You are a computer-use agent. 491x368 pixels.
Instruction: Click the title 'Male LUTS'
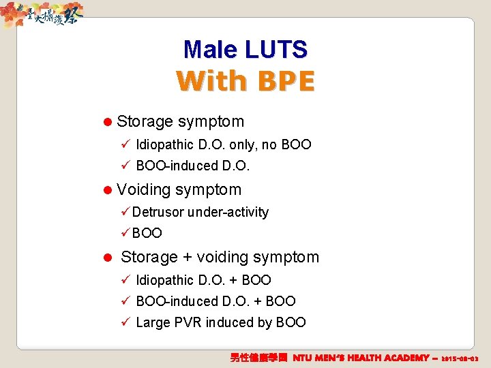245,49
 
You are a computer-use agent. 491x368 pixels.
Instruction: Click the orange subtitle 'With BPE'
245,81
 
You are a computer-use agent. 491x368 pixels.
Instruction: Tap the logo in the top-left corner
41,14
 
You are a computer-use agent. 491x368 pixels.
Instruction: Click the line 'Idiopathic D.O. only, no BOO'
223,144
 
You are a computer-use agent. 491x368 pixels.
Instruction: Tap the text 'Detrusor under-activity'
200,212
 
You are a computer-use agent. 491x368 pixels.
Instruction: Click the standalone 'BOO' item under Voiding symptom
147,233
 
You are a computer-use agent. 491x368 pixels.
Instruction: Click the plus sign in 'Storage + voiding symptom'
188,258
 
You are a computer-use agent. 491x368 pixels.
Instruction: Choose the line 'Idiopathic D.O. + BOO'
203,280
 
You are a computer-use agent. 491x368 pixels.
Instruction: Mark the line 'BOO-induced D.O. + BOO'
215,301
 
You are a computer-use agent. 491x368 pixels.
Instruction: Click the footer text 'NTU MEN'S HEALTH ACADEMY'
361,358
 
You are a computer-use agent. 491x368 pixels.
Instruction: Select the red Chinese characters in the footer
260,358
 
